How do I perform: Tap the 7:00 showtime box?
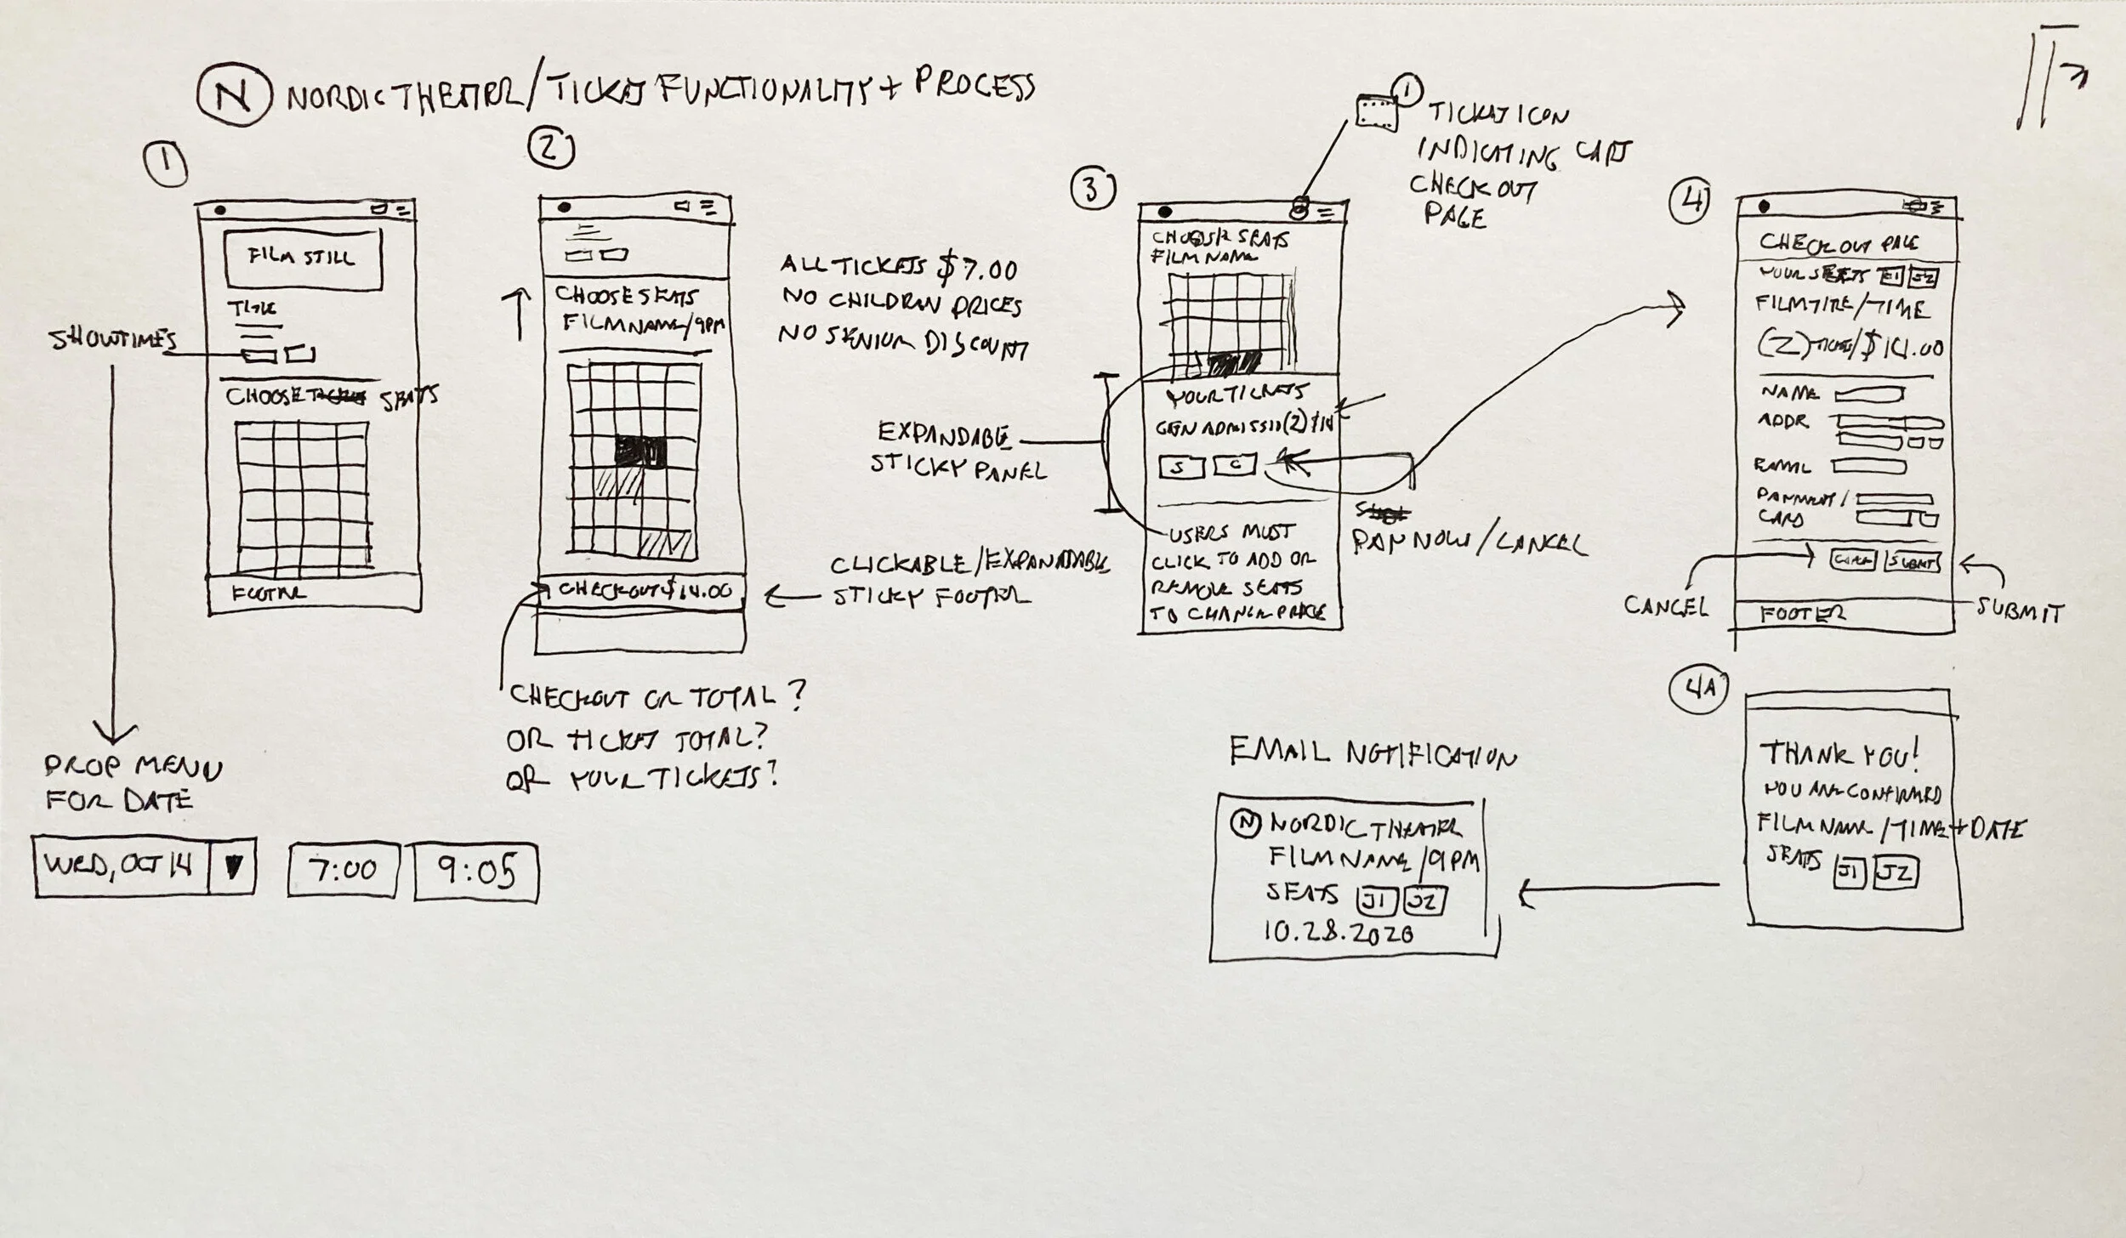343,870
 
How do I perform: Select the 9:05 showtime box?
476,872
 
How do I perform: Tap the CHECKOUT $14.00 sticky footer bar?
643,590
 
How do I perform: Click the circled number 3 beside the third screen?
1094,191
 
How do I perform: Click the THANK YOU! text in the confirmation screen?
1838,753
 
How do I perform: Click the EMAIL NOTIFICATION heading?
1372,753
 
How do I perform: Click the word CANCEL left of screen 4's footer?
1665,605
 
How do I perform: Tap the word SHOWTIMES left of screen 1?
113,340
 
